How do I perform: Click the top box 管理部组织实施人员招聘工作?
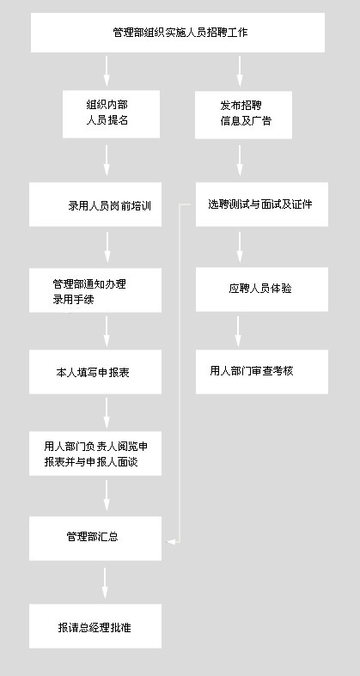point(178,33)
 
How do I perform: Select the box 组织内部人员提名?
point(111,114)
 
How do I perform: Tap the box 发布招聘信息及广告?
point(244,115)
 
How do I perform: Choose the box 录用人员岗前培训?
point(95,204)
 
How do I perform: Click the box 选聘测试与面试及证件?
point(262,204)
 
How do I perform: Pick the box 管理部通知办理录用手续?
point(95,290)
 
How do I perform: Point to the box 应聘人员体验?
point(262,289)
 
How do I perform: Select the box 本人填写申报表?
point(95,372)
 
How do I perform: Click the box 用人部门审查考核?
point(262,372)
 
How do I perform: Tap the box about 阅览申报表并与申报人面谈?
point(95,454)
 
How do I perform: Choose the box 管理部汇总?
point(95,539)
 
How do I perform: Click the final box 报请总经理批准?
point(95,626)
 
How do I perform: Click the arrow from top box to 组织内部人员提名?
point(107,71)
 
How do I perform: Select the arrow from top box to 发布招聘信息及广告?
point(240,71)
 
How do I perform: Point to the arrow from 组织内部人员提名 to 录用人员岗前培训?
point(107,161)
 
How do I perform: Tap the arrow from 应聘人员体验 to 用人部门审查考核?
point(238,332)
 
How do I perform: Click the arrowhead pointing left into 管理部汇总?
point(171,541)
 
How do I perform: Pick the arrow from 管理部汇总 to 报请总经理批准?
point(105,583)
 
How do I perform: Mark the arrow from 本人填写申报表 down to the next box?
point(107,413)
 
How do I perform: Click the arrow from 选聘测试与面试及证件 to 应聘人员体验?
point(240,247)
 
